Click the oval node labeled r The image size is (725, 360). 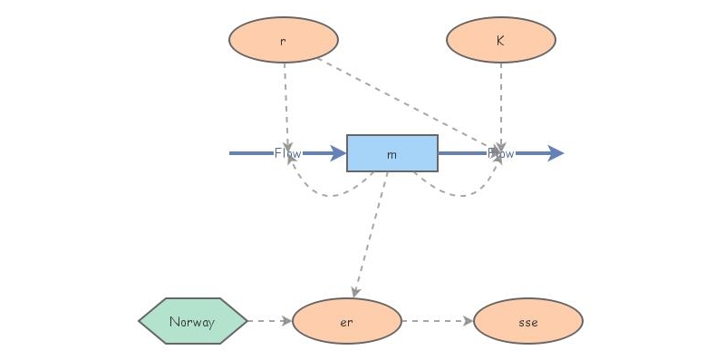(284, 40)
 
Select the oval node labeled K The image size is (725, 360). (501, 40)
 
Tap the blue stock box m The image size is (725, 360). (391, 153)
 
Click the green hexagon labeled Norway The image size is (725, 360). (193, 321)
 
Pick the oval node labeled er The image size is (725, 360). (346, 321)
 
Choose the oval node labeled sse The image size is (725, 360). (527, 321)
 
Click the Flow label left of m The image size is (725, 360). (287, 153)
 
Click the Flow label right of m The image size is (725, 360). (501, 153)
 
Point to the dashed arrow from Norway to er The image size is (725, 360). (268, 321)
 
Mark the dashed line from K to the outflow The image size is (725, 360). (501, 100)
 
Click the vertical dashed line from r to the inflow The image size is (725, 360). (285, 100)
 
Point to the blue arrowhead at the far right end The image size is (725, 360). (555, 153)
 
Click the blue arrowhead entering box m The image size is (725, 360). (338, 153)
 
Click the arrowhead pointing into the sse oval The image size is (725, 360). (468, 321)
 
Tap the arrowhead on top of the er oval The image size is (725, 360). (355, 293)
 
